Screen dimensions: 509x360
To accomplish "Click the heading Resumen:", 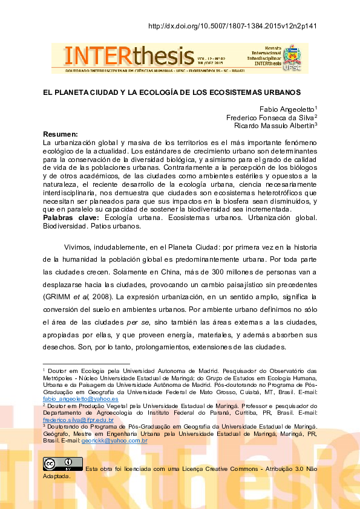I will point(61,134).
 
